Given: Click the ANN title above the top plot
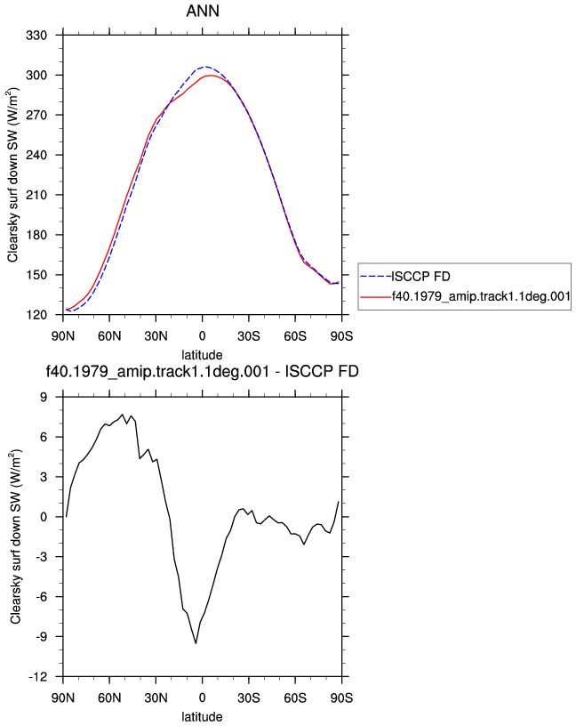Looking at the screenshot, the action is [x=203, y=11].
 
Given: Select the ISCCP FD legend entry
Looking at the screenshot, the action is [x=420, y=277].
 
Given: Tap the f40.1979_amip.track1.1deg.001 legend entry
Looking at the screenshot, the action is [x=481, y=296].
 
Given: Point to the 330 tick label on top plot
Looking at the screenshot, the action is [x=36, y=36].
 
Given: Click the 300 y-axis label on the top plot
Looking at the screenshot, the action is [x=36, y=75].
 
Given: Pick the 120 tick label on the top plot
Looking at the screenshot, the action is [x=36, y=315].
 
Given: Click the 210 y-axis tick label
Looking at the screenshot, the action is [x=36, y=195].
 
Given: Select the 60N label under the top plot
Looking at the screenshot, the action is [x=109, y=336].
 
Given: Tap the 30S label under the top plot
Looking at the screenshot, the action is [x=249, y=336].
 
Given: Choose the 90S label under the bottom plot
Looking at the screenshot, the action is [x=341, y=698].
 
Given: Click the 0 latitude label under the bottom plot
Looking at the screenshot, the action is [x=202, y=698].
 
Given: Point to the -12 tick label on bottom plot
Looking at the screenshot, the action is [x=38, y=677].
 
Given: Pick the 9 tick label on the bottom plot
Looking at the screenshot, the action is [x=44, y=398].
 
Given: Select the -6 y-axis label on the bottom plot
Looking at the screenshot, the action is [x=41, y=597].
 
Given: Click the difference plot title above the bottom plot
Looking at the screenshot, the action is [x=202, y=371].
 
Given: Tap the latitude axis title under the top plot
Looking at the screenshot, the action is [x=202, y=355].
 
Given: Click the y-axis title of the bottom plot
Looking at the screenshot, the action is [x=16, y=536].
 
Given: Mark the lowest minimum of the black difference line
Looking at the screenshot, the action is [x=196, y=643].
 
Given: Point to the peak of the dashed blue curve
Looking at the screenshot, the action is [x=206, y=67].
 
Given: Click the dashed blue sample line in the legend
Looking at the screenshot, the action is [x=376, y=277].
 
